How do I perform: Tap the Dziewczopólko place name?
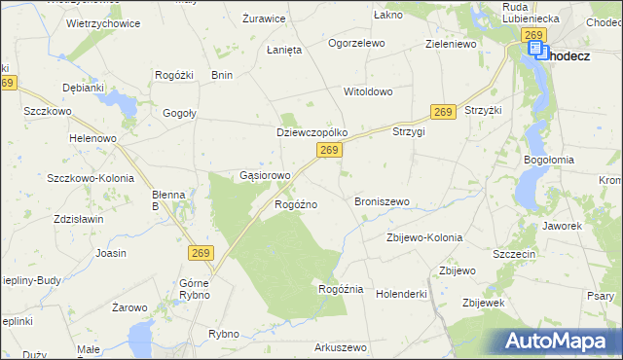pyautogui.click(x=312, y=131)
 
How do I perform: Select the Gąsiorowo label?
pyautogui.click(x=265, y=176)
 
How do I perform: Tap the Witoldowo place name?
pyautogui.click(x=367, y=91)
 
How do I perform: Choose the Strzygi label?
pyautogui.click(x=409, y=131)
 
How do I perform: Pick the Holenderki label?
pyautogui.click(x=402, y=293)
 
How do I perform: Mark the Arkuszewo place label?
pyautogui.click(x=340, y=347)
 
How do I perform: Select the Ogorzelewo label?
pyautogui.click(x=356, y=44)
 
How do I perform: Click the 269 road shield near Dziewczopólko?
pyautogui.click(x=329, y=150)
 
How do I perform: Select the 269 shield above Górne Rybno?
pyautogui.click(x=201, y=253)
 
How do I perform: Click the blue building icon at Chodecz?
pyautogui.click(x=536, y=50)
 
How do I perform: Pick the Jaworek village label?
pyautogui.click(x=563, y=226)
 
